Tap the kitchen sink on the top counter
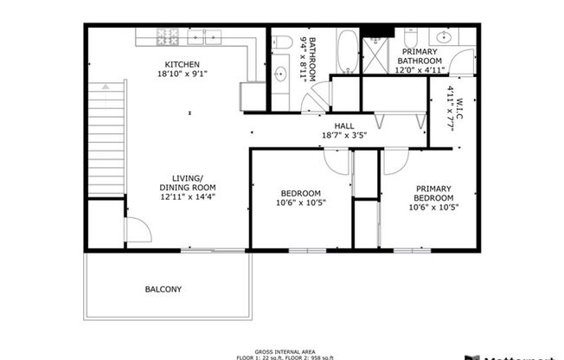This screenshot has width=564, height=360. (211, 39)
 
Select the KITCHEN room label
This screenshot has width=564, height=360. (183, 64)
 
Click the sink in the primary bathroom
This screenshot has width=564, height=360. (444, 38)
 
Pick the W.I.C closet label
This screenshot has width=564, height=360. (450, 108)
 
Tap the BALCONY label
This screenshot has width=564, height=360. (163, 290)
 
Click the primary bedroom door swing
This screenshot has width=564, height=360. (394, 162)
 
